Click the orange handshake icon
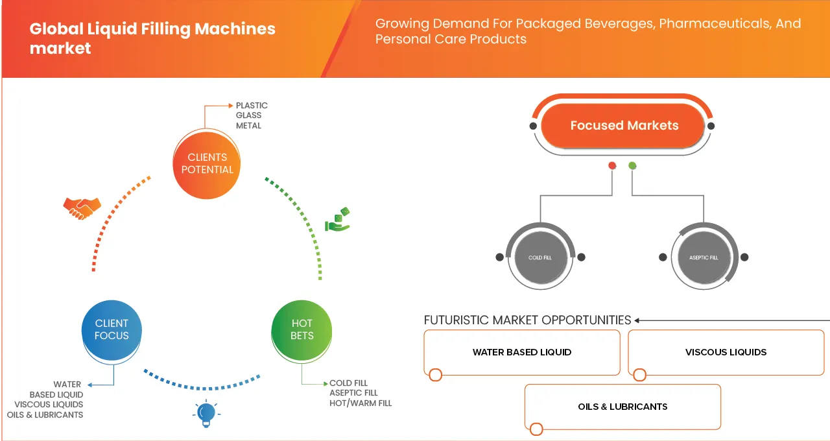point(82,209)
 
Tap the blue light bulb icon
point(206,414)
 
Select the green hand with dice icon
point(337,219)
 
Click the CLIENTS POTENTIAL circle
point(207,165)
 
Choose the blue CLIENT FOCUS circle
point(112,330)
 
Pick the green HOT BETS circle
point(302,330)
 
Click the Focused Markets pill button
point(623,125)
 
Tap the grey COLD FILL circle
point(541,257)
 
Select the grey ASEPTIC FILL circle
point(704,257)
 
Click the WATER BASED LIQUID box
point(522,352)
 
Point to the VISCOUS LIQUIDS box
point(726,352)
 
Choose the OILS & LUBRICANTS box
point(622,407)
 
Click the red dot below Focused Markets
point(612,165)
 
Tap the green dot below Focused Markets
point(632,165)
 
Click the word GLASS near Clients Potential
point(248,115)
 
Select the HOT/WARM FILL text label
point(361,403)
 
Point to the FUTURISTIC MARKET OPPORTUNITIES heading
point(527,320)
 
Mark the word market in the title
point(60,49)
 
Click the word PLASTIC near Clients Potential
point(252,106)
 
